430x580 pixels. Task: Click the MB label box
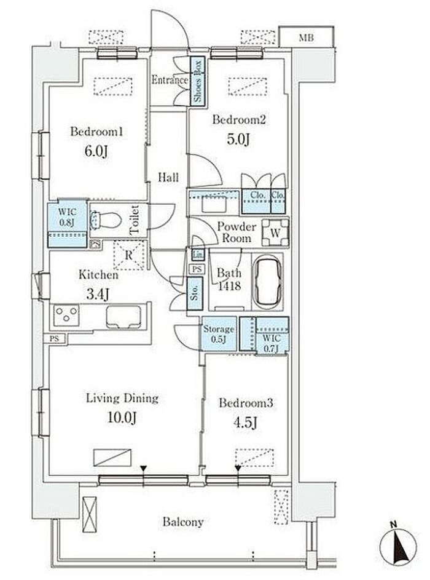[x=307, y=37]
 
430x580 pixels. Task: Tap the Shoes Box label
[x=198, y=81]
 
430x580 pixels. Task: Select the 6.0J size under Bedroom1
[x=96, y=151]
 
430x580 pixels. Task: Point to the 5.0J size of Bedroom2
[x=238, y=140]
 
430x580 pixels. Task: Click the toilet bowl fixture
[x=106, y=220]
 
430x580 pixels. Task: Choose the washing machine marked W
[x=275, y=233]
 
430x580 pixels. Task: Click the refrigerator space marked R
[x=128, y=255]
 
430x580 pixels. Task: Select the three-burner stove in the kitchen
[x=66, y=316]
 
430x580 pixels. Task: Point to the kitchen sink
[x=123, y=317]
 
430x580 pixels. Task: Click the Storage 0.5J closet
[x=219, y=333]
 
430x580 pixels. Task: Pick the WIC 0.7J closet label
[x=272, y=343]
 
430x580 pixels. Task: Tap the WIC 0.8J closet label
[x=67, y=217]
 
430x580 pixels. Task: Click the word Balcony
[x=183, y=522]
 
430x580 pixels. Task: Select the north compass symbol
[x=399, y=546]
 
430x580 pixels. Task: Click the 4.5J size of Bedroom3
[x=245, y=422]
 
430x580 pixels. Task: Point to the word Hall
[x=168, y=178]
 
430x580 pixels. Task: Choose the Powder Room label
[x=237, y=232]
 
